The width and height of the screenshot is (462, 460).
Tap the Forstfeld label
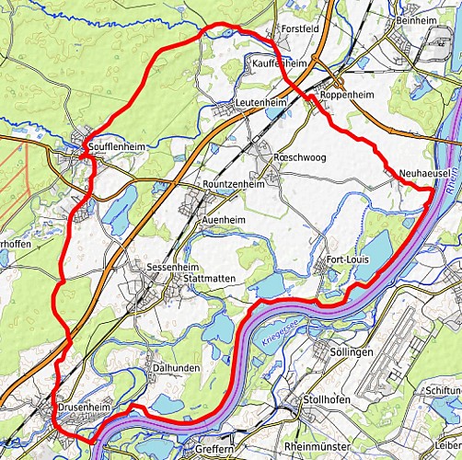(x=300, y=29)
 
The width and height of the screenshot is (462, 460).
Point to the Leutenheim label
(x=260, y=102)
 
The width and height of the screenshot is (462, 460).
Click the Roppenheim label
(x=348, y=94)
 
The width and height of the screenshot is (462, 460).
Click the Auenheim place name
(x=224, y=221)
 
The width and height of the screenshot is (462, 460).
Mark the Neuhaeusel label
(x=424, y=173)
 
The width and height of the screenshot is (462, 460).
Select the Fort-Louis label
(x=348, y=260)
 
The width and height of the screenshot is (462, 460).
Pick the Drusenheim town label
(x=86, y=406)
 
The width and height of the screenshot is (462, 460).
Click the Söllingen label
(x=351, y=352)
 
